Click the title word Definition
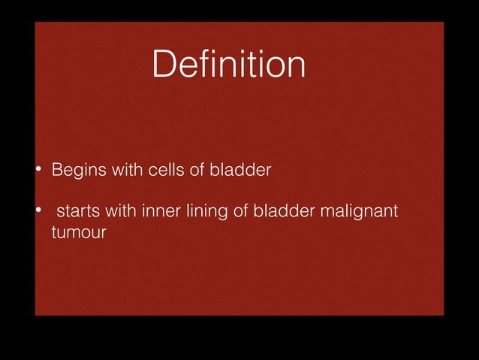[228, 65]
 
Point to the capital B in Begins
[56, 170]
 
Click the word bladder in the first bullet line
[240, 170]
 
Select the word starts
[79, 213]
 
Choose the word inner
[159, 213]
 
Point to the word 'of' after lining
[239, 213]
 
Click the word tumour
[78, 233]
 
